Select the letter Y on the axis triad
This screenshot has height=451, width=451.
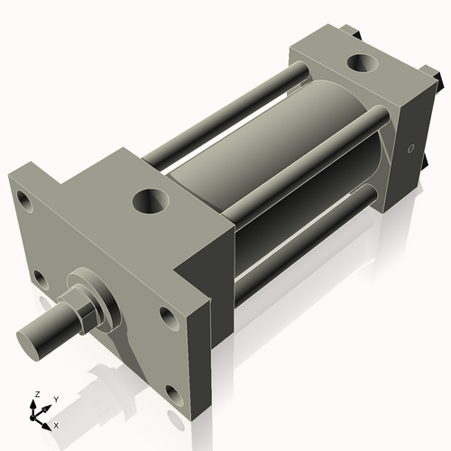(x=55, y=398)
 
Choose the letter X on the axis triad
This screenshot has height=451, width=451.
(x=57, y=424)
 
